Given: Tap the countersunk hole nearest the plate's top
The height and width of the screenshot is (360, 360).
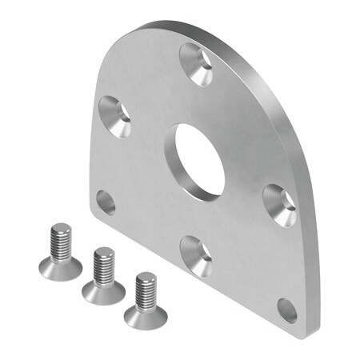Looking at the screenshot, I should click(196, 62).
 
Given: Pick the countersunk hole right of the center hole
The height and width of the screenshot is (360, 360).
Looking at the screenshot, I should click(280, 204).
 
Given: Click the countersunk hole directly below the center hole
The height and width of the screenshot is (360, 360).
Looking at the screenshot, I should click(196, 255).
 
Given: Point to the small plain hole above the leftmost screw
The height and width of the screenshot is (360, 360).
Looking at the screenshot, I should click(106, 203).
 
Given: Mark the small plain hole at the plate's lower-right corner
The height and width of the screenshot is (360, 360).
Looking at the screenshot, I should click(287, 310).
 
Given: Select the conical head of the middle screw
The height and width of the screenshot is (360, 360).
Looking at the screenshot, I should click(104, 290).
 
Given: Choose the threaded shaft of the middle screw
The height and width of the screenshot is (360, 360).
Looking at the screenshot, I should click(104, 266).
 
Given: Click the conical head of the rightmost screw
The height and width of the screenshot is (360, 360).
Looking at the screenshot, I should click(146, 314).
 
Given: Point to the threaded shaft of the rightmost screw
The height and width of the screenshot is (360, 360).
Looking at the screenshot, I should click(146, 290).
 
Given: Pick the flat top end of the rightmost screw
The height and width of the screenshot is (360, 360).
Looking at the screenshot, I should click(146, 277).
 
